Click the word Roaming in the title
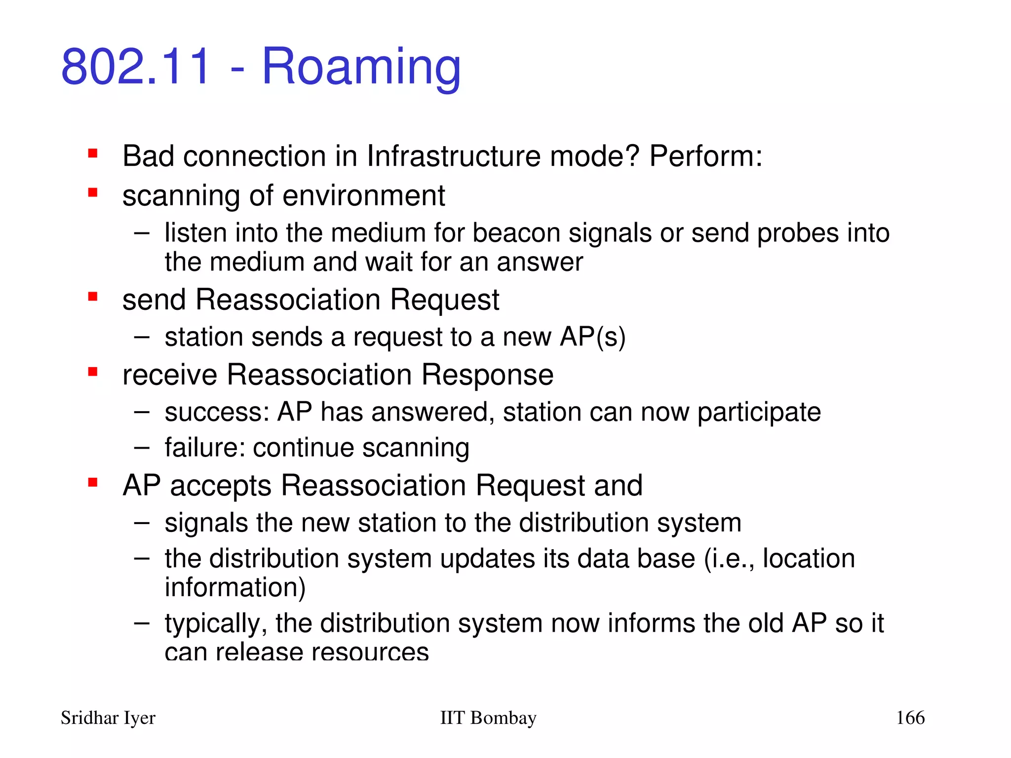click(361, 67)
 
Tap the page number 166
click(910, 718)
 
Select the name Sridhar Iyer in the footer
click(108, 718)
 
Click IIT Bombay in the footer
click(488, 718)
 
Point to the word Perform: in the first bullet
click(705, 156)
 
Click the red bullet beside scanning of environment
click(92, 192)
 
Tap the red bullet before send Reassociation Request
click(92, 297)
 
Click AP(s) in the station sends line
click(592, 338)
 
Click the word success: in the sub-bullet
click(217, 412)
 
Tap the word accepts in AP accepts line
click(220, 486)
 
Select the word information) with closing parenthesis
click(235, 588)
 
